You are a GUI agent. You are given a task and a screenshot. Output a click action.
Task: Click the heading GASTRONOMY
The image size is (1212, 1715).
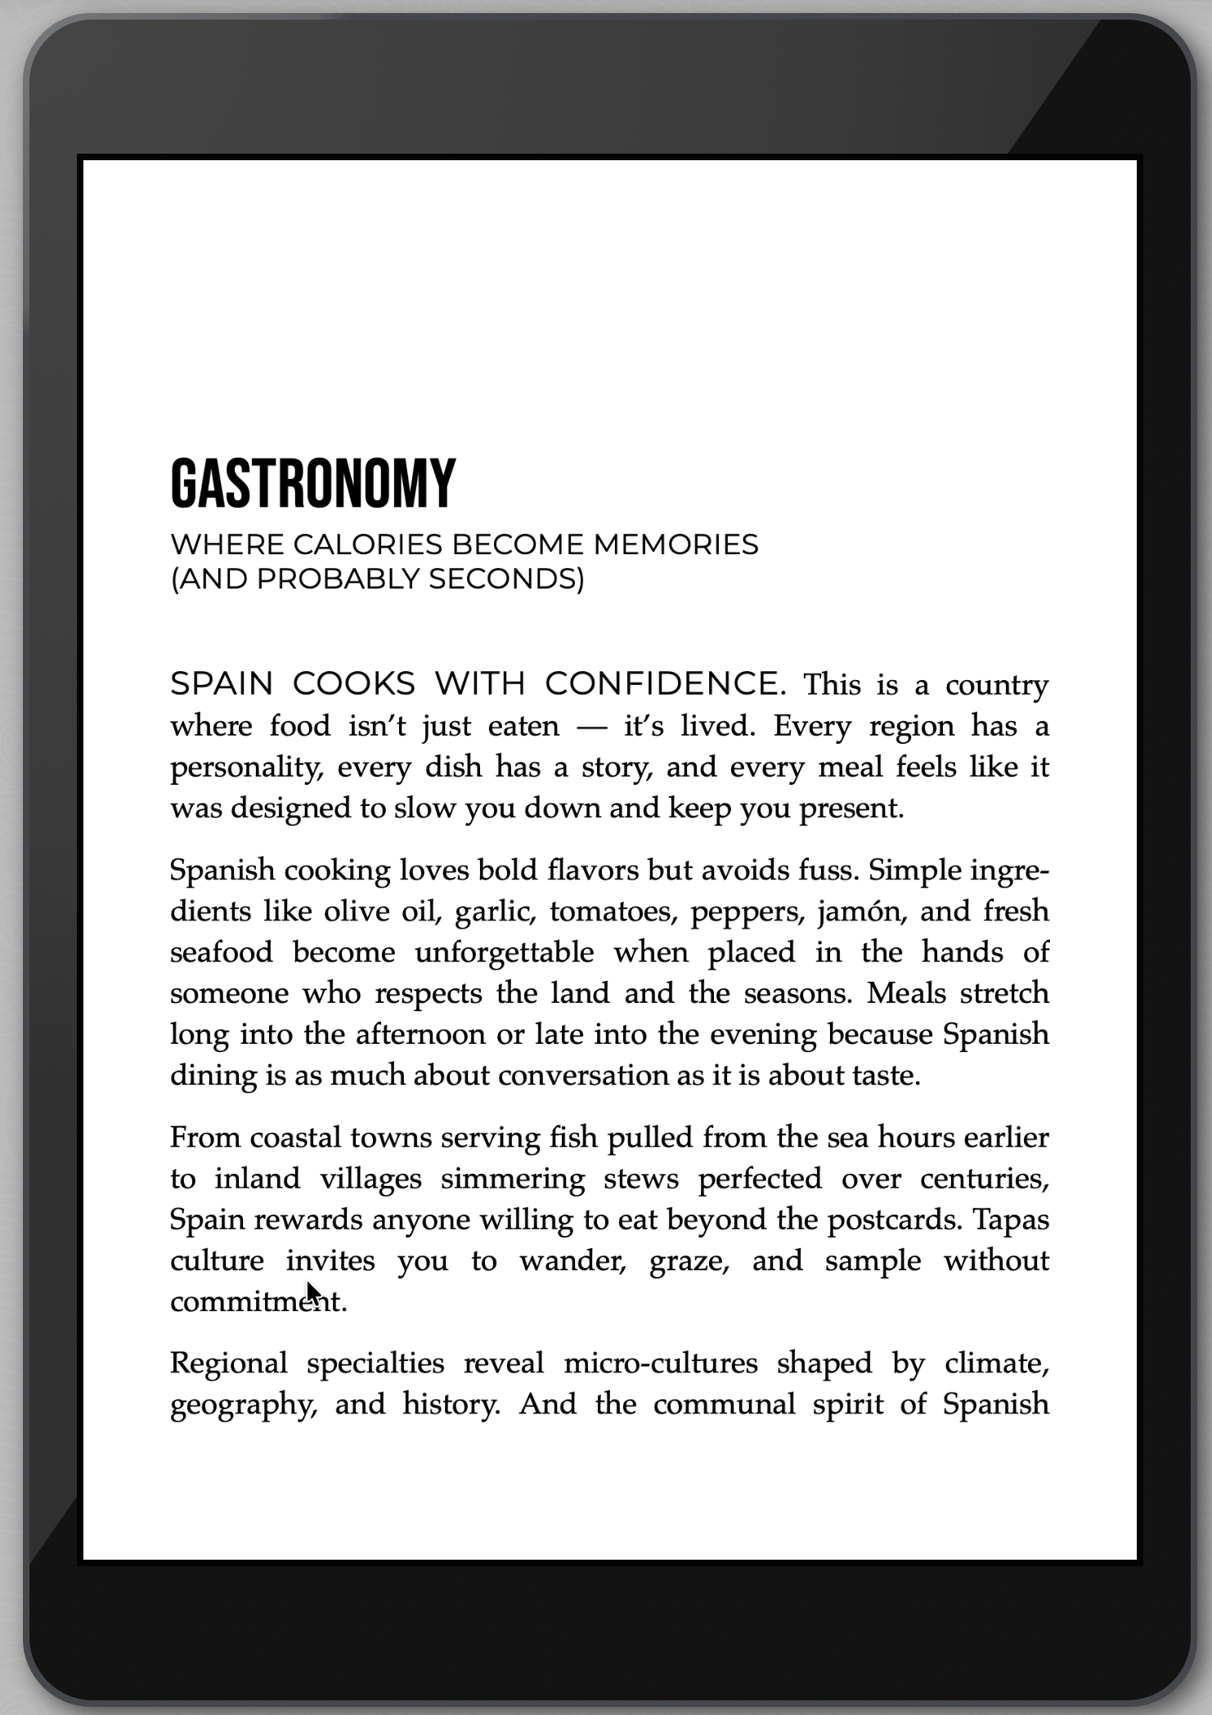(312, 483)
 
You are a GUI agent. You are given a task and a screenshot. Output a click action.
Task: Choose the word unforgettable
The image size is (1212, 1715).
(505, 952)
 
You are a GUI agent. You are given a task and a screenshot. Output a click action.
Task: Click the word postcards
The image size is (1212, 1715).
(895, 1220)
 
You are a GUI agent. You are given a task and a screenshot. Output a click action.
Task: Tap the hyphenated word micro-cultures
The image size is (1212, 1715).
(661, 1363)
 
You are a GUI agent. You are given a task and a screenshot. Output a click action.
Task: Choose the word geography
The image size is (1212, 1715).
(243, 1404)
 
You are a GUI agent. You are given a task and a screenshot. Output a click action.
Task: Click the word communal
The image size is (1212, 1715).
(724, 1404)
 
